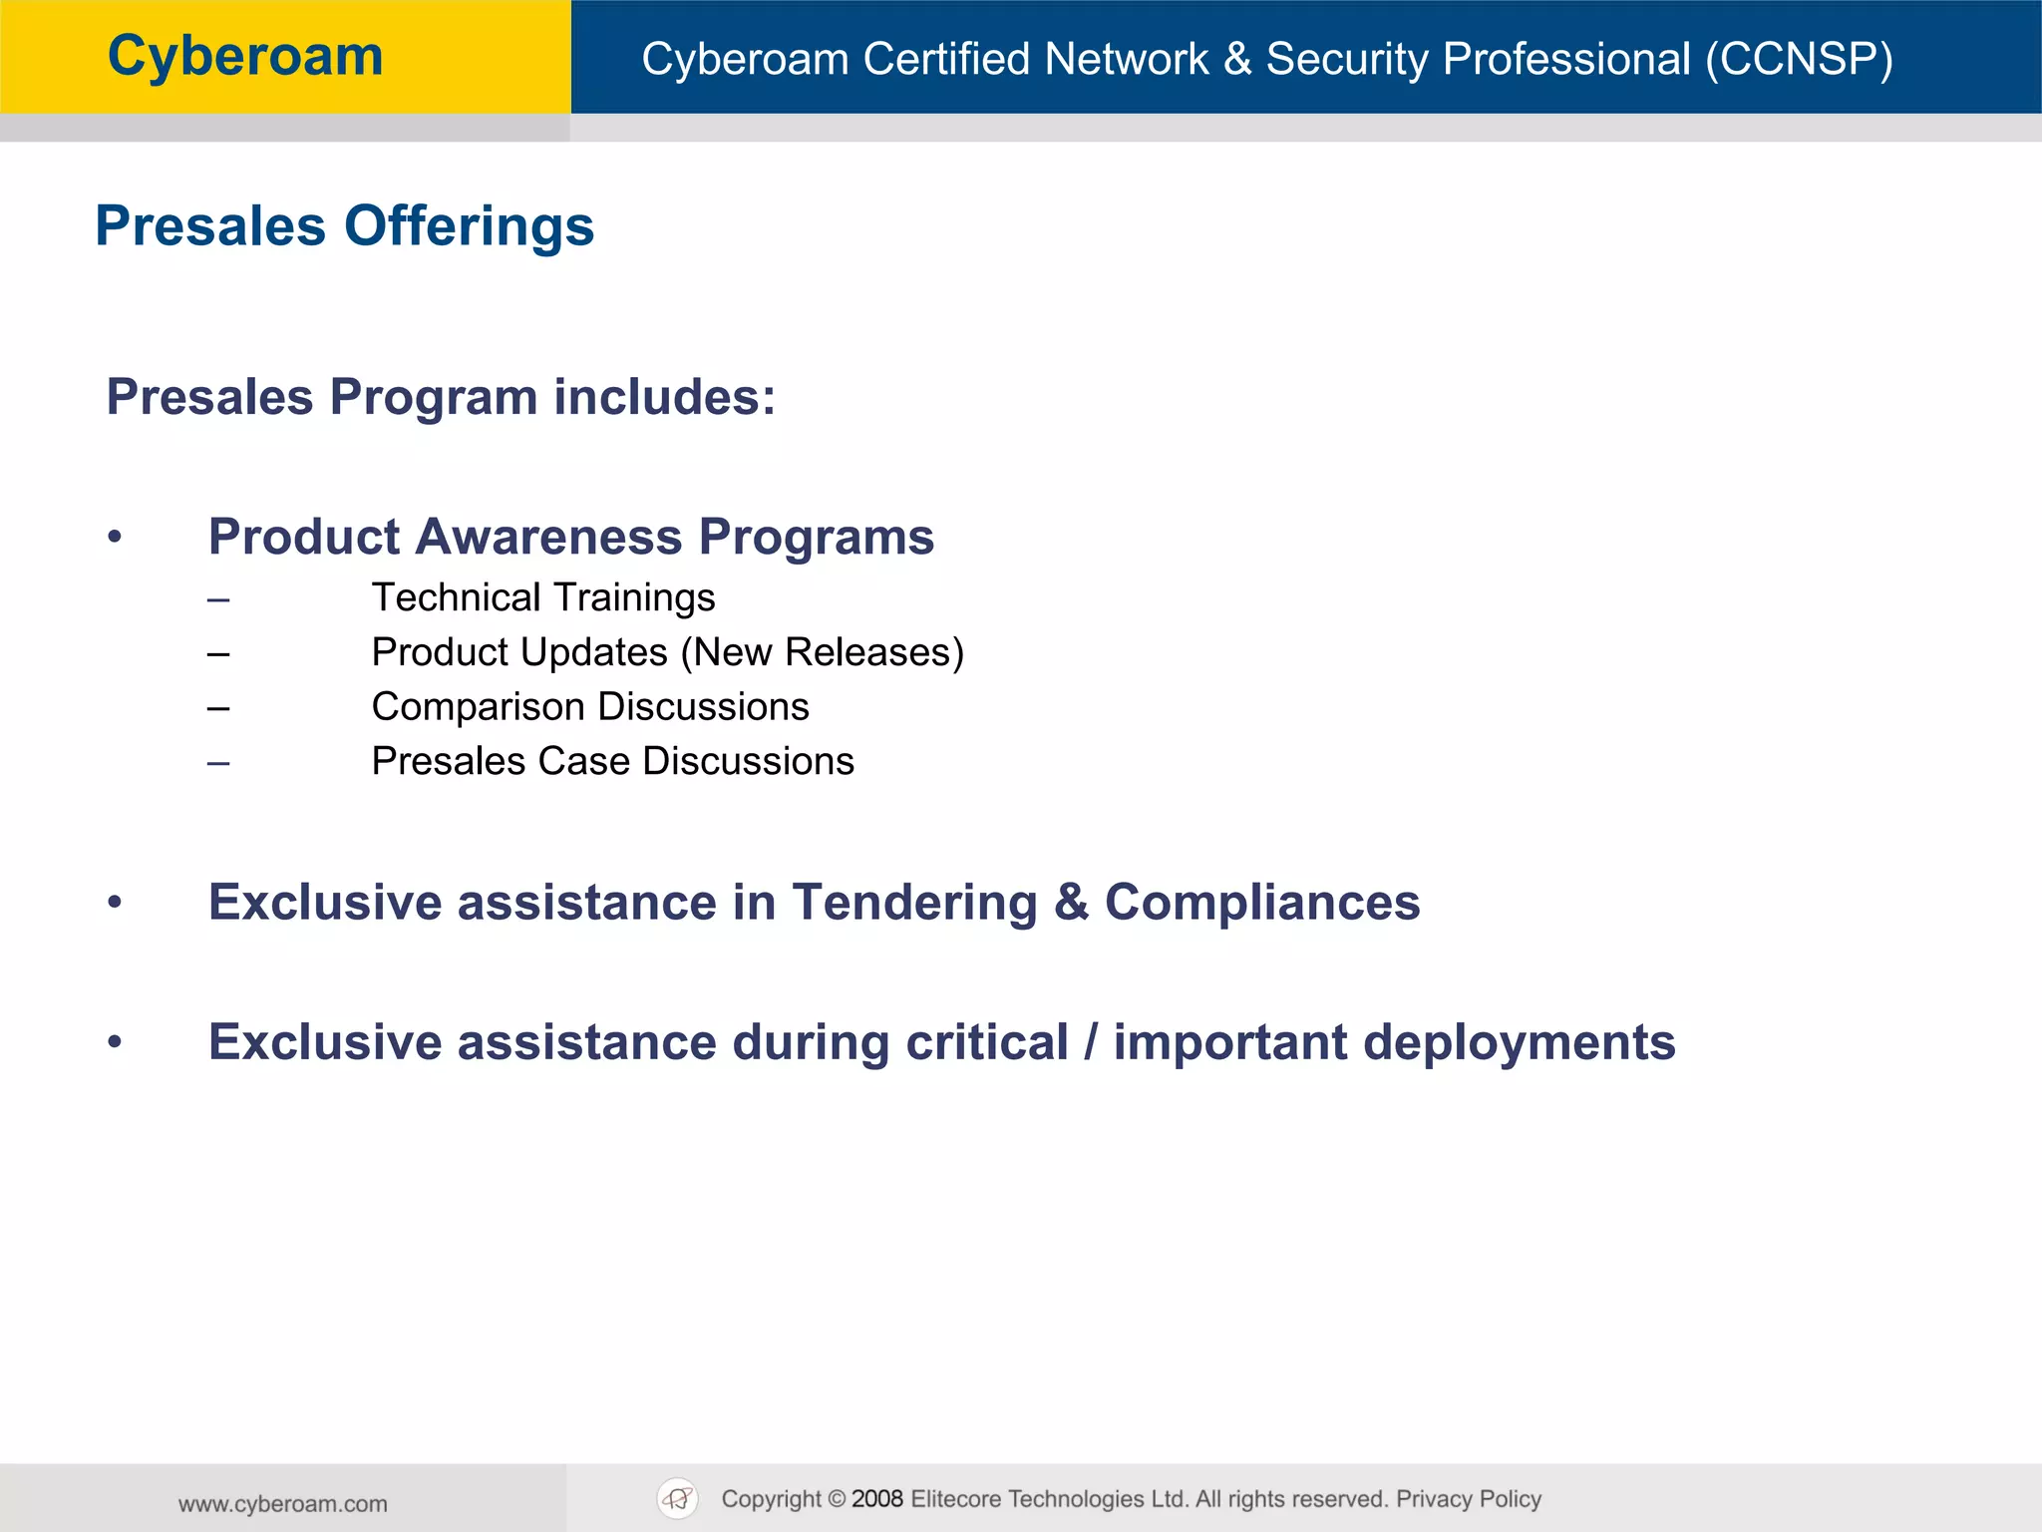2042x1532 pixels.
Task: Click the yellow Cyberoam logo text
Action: [x=245, y=57]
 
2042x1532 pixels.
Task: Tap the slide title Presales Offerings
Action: [x=344, y=226]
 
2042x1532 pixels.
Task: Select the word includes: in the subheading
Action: [x=664, y=397]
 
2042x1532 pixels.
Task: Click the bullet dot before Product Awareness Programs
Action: [x=116, y=538]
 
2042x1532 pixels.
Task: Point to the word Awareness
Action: [x=548, y=537]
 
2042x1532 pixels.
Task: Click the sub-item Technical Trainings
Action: [x=543, y=597]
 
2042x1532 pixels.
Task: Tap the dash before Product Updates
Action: [x=218, y=654]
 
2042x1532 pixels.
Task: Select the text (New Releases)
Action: [x=823, y=652]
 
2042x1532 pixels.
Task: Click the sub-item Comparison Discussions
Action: [x=590, y=707]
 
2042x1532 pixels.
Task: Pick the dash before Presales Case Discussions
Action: [x=218, y=764]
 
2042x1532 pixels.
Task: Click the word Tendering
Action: [x=914, y=903]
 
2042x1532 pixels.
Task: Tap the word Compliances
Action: [x=1261, y=903]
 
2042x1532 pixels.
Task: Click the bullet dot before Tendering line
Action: [x=116, y=903]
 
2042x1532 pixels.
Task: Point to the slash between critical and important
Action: [x=1091, y=1042]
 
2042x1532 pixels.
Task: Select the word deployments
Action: [x=1519, y=1043]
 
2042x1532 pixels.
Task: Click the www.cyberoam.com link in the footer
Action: [x=283, y=1504]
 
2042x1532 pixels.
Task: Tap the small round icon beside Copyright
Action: [x=678, y=1498]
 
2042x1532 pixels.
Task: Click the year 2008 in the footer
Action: [x=877, y=1499]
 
